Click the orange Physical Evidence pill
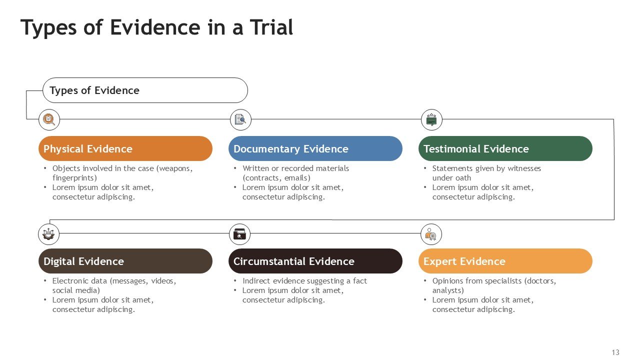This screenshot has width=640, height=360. [125, 148]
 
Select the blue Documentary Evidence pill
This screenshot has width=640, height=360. [315, 148]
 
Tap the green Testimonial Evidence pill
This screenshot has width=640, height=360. [505, 148]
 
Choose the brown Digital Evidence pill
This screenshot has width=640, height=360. [125, 261]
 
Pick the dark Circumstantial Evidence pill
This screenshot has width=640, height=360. [315, 261]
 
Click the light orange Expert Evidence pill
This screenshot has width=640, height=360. [505, 261]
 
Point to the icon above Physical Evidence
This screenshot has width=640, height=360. [49, 119]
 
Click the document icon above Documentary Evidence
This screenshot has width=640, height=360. [240, 119]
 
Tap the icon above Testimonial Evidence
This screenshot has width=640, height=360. [431, 119]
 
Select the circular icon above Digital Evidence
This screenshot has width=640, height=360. [48, 233]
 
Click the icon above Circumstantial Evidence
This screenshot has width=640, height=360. [240, 233]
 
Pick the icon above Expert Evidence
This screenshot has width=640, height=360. [431, 233]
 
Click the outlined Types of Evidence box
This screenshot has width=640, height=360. [145, 90]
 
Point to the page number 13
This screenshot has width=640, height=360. [615, 352]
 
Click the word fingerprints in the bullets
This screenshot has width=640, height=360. [74, 178]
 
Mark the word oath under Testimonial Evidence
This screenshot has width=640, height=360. [463, 178]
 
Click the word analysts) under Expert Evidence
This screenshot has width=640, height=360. [448, 290]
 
